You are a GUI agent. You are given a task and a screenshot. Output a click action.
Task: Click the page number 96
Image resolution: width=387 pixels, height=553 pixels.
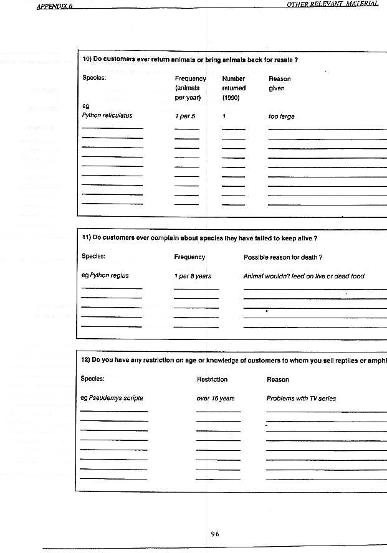coord(215,534)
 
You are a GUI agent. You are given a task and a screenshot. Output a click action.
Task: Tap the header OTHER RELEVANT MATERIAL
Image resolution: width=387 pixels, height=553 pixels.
coord(332,4)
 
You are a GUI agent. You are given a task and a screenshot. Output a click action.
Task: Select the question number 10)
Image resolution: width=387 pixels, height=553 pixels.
coord(87,60)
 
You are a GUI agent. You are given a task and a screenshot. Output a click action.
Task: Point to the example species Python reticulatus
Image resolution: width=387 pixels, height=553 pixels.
coord(107,116)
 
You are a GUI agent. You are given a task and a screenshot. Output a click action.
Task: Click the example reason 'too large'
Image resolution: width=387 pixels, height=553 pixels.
coord(282,116)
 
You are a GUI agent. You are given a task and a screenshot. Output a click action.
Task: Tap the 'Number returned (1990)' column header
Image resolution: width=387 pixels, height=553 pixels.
coord(234,88)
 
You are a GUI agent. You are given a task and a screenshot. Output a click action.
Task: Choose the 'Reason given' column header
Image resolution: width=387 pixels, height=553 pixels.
coord(279,83)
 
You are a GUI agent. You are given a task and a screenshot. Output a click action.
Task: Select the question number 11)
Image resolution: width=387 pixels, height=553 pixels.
coord(87,237)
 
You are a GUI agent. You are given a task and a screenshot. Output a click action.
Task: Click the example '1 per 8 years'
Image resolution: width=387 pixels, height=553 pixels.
coord(193,276)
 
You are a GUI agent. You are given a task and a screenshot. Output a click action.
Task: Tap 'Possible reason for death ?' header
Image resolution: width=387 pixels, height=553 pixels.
coord(282,257)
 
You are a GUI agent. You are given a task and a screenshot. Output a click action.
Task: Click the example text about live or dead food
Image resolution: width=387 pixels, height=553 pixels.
coord(303,276)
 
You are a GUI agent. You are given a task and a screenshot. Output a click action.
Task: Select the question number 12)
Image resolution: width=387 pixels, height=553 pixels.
coord(87,360)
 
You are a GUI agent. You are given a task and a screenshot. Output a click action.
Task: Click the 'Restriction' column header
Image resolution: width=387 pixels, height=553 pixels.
coord(212,379)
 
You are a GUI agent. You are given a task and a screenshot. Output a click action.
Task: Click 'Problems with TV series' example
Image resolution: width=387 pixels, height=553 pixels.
coord(301,399)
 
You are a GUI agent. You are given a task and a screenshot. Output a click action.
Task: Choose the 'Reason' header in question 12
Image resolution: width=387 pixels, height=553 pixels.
coord(277,379)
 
